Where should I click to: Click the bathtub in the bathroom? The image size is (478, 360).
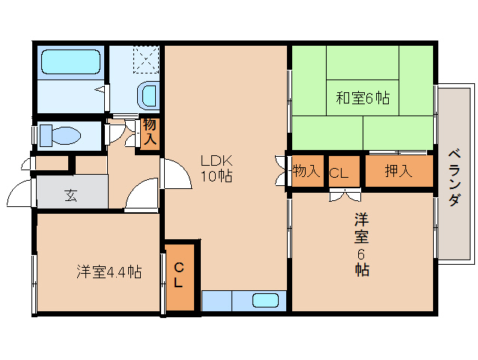click(70, 62)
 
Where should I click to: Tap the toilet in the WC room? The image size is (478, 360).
click(61, 135)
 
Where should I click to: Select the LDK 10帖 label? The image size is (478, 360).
click(217, 168)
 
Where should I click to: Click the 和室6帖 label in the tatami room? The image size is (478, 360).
click(363, 98)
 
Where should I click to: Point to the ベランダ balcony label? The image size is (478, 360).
click(454, 178)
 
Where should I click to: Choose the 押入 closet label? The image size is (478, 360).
click(399, 170)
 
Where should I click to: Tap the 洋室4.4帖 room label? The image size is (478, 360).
click(109, 271)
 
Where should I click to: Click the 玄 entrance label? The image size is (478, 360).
click(71, 195)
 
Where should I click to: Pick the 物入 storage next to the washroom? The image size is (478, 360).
click(150, 132)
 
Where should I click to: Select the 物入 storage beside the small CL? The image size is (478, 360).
click(306, 171)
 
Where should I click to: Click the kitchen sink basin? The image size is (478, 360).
click(265, 301)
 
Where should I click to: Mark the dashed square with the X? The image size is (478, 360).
click(146, 60)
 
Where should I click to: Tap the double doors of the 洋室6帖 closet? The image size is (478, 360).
click(345, 195)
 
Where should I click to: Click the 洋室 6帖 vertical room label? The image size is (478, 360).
click(362, 244)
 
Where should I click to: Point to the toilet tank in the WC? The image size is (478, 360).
click(46, 135)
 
